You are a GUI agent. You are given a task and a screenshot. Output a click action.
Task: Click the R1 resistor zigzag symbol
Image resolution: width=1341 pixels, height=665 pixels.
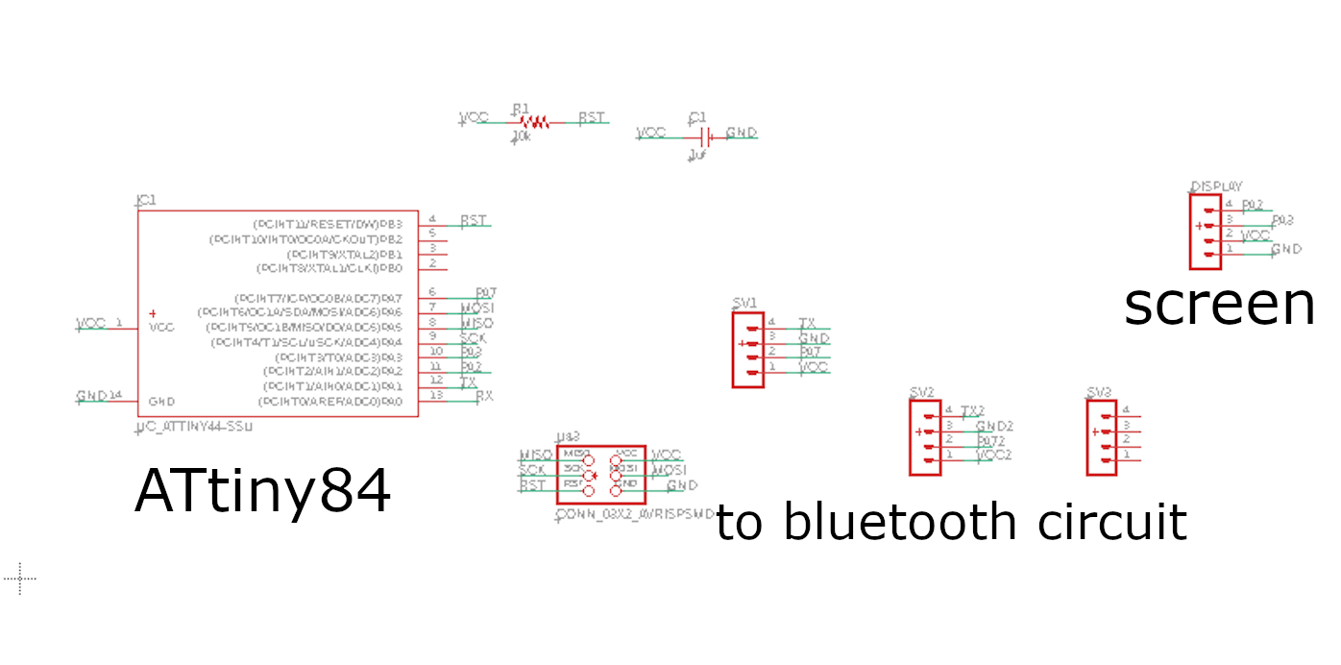point(533,122)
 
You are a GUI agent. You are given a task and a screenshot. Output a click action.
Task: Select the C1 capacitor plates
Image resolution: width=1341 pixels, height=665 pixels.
point(705,135)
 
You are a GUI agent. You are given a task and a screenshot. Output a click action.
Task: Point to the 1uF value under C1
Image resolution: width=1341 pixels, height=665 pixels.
point(697,154)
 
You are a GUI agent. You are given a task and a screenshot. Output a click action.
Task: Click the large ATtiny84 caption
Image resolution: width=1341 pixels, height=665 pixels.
point(262,492)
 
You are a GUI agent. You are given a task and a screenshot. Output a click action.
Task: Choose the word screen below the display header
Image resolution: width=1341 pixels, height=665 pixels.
point(1219,304)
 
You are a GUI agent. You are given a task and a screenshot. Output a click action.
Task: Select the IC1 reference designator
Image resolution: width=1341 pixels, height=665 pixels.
point(146,201)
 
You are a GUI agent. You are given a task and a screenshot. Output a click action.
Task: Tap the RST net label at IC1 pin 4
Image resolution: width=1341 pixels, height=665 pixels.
point(474,221)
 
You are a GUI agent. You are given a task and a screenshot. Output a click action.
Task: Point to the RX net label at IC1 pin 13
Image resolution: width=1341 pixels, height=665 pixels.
point(484,395)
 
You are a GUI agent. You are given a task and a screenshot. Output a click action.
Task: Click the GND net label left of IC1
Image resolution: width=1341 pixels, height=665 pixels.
point(91,396)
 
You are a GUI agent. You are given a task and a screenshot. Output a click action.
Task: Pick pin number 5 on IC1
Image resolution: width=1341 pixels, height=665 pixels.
point(433,234)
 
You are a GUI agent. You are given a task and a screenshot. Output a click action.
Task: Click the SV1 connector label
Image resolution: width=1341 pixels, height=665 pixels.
point(745,303)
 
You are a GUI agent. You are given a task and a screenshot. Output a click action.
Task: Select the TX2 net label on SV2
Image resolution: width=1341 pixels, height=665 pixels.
point(973,410)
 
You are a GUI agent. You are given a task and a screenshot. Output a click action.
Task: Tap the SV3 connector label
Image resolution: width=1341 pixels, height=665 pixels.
point(1099,392)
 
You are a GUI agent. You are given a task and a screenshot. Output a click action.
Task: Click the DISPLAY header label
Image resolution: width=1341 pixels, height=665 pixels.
point(1216,185)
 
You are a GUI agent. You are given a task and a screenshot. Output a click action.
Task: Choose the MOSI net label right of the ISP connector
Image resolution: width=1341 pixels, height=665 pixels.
point(670,470)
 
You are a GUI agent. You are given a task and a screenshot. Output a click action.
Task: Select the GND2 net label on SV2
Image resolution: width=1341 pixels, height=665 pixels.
point(994,426)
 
